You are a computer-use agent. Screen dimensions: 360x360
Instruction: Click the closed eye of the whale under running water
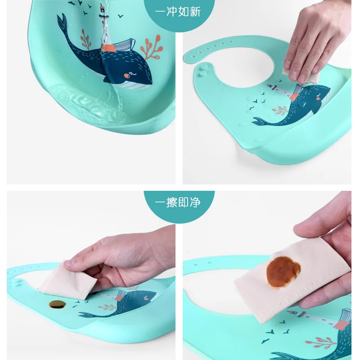131,72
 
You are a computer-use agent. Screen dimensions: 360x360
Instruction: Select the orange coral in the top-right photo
280,109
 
